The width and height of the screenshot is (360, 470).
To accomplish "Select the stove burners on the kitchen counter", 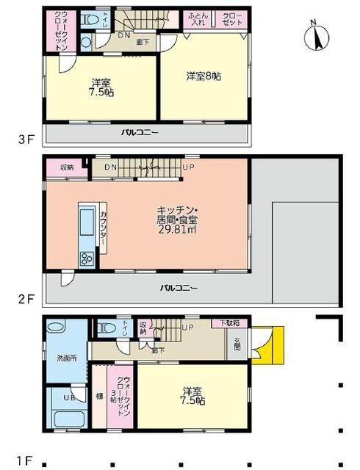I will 85,258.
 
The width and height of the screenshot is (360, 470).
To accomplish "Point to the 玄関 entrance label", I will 238,344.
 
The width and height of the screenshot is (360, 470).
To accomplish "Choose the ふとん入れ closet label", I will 195,18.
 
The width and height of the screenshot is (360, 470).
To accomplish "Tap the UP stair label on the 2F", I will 188,167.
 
